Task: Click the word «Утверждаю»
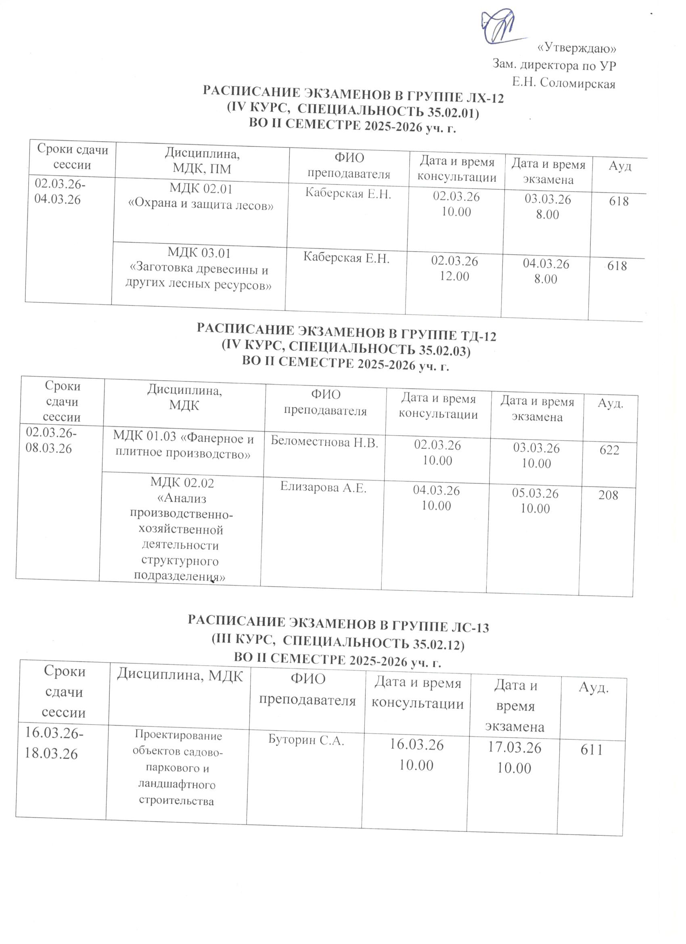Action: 577,48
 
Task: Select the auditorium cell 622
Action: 609,450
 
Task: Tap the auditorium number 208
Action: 608,495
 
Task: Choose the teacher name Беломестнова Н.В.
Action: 324,442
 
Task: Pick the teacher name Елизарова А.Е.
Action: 323,487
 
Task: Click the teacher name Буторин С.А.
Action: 306,740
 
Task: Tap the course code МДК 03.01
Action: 199,253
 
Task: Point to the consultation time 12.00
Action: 454,276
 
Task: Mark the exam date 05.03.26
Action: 535,493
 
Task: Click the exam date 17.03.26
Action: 514,748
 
